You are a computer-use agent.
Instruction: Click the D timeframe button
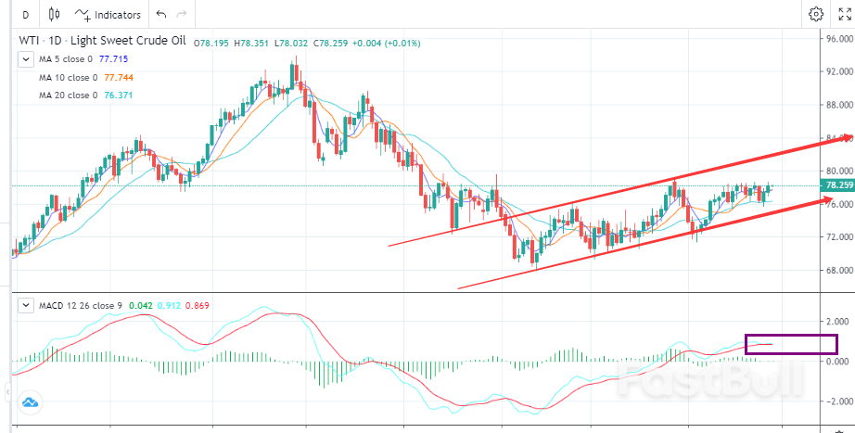click(x=24, y=14)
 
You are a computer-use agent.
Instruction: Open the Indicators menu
click(x=108, y=14)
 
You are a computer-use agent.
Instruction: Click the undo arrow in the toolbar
click(x=161, y=14)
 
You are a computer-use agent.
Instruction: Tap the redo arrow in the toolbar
click(x=182, y=14)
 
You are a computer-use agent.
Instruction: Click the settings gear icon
click(x=816, y=14)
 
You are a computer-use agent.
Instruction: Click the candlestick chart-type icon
click(x=54, y=14)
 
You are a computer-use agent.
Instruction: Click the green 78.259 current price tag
click(x=837, y=185)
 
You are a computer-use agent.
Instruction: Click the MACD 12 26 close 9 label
click(x=72, y=305)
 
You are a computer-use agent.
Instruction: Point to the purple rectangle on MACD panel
click(x=791, y=343)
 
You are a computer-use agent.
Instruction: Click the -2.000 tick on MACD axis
click(x=838, y=401)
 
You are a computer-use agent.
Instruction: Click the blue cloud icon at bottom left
click(x=29, y=402)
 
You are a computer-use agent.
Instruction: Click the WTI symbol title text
click(x=30, y=42)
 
